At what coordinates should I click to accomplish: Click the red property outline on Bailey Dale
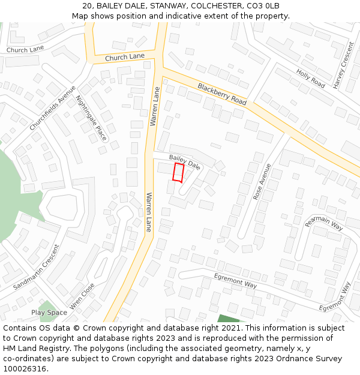point(178,172)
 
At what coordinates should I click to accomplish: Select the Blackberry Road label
point(222,94)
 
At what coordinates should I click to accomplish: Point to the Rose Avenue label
point(258,182)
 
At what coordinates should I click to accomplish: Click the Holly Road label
point(310,79)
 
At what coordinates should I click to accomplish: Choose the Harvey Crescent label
point(344,66)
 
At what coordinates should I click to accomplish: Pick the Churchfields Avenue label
point(53,108)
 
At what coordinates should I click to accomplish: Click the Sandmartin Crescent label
point(36,267)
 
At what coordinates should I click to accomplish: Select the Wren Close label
point(82,296)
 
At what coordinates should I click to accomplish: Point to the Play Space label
point(49,313)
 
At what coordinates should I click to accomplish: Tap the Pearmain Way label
point(323,223)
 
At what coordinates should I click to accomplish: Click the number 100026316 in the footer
point(25,368)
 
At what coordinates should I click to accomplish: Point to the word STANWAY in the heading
point(158,6)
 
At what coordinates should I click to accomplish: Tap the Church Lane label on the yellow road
point(125,57)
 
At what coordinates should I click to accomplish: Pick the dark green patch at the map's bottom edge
point(229,318)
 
